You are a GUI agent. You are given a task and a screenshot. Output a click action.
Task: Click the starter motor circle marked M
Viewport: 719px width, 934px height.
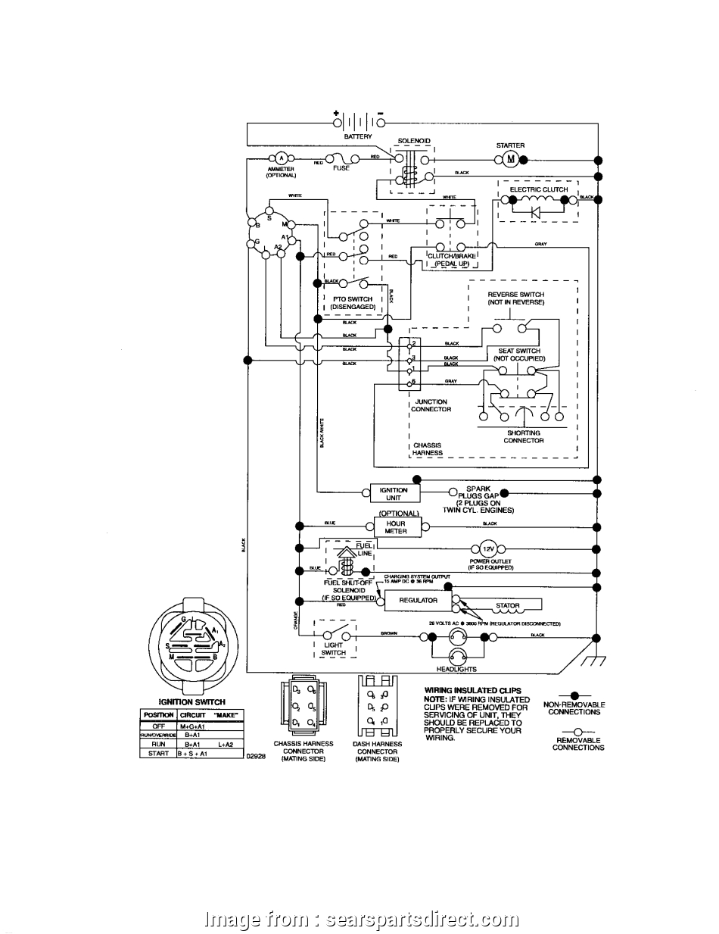pos(509,159)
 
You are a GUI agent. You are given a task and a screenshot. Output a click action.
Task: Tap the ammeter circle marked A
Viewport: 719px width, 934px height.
pos(281,158)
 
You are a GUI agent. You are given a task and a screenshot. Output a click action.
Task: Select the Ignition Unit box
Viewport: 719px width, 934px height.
pos(394,494)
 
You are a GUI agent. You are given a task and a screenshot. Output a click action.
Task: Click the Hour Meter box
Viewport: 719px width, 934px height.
pos(395,527)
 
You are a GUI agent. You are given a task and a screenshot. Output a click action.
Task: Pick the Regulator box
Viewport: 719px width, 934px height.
pos(419,601)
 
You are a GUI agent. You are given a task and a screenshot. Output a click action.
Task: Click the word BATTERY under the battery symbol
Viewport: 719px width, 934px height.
pos(358,137)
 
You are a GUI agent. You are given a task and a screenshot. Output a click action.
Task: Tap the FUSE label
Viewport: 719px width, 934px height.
pos(341,168)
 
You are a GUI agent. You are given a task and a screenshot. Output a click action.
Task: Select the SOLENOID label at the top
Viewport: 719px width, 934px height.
pos(413,141)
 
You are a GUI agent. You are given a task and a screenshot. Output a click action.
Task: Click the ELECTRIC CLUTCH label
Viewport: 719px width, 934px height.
pos(538,189)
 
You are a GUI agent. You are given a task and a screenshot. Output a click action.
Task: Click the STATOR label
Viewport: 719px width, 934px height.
pos(508,606)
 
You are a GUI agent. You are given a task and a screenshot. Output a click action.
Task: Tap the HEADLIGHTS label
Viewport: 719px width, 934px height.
pos(456,670)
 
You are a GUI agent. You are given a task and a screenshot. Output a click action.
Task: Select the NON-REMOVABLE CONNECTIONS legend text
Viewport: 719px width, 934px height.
pos(574,708)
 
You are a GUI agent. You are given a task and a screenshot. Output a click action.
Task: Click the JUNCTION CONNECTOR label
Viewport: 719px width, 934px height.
pos(431,405)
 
